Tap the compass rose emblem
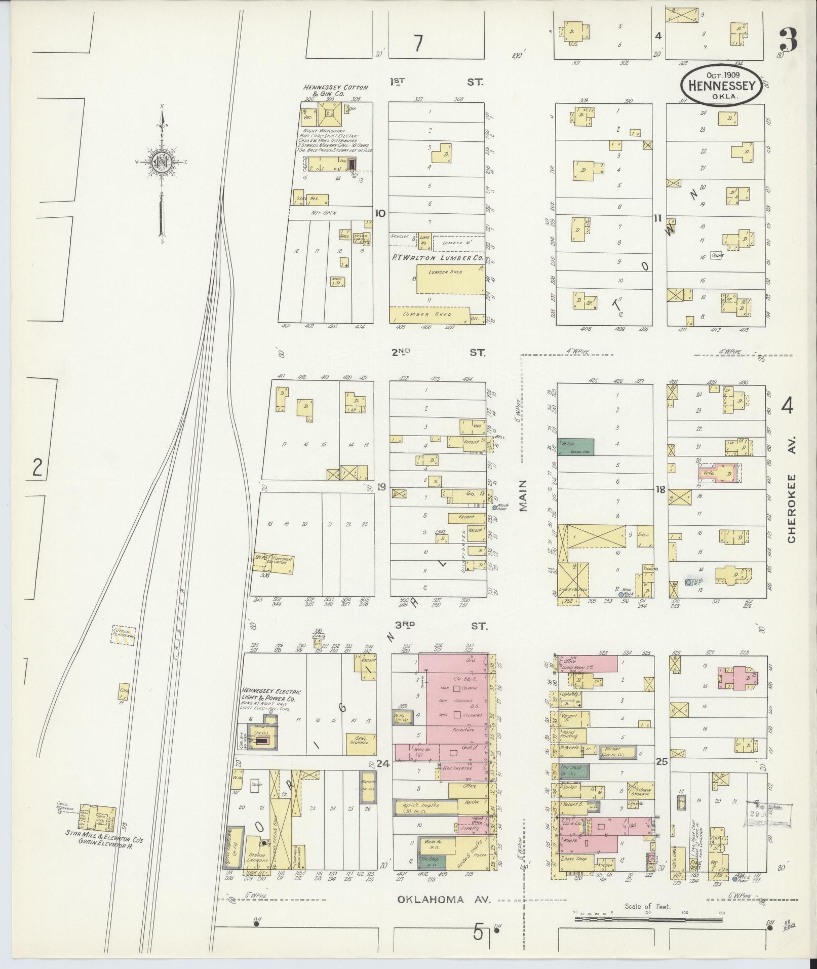click(162, 163)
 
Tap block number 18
click(660, 489)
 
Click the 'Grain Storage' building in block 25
click(640, 803)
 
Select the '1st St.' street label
click(437, 81)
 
